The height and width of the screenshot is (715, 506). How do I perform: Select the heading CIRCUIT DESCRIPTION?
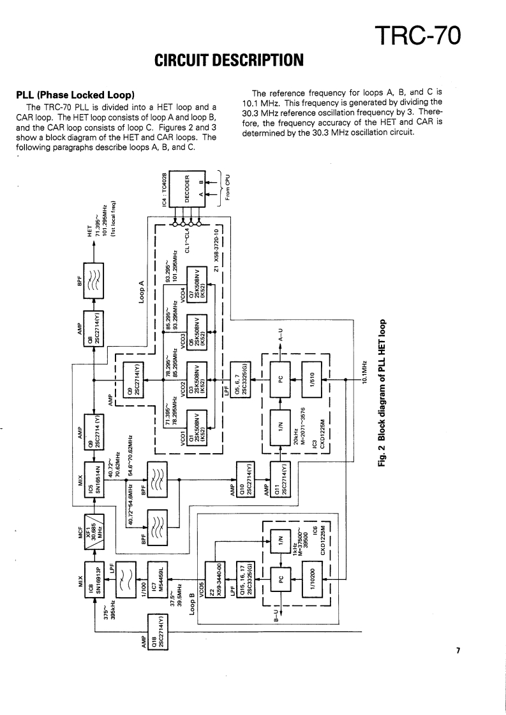pyautogui.click(x=227, y=61)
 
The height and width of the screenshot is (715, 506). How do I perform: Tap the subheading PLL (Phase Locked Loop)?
pyautogui.click(x=74, y=95)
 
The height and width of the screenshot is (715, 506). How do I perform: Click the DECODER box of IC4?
pyautogui.click(x=188, y=188)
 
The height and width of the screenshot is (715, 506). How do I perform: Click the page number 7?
pyautogui.click(x=458, y=650)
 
